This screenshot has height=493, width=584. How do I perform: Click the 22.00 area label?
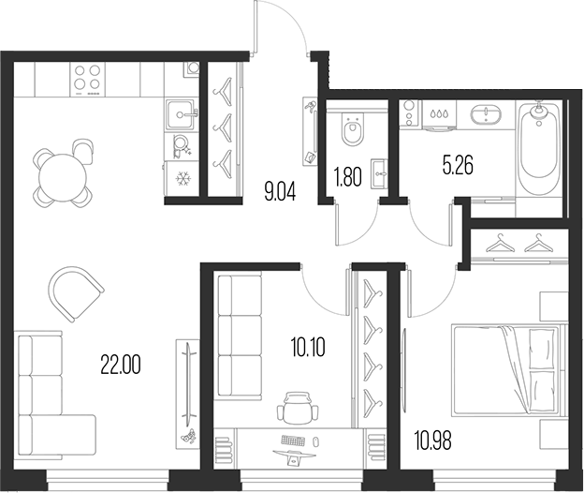pyautogui.click(x=121, y=365)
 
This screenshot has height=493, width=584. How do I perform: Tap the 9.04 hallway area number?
pyautogui.click(x=280, y=195)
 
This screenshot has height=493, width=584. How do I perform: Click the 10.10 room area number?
pyautogui.click(x=308, y=349)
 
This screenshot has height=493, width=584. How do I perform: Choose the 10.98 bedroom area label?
pyautogui.click(x=432, y=438)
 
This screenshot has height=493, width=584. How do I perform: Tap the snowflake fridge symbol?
pyautogui.click(x=182, y=177)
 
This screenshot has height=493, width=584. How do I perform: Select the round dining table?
pyautogui.click(x=60, y=173)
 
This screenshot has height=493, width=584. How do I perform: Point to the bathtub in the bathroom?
pyautogui.click(x=539, y=147)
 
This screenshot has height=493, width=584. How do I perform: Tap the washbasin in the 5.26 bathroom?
pyautogui.click(x=489, y=115)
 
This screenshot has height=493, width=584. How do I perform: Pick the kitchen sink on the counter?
pyautogui.click(x=180, y=115)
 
